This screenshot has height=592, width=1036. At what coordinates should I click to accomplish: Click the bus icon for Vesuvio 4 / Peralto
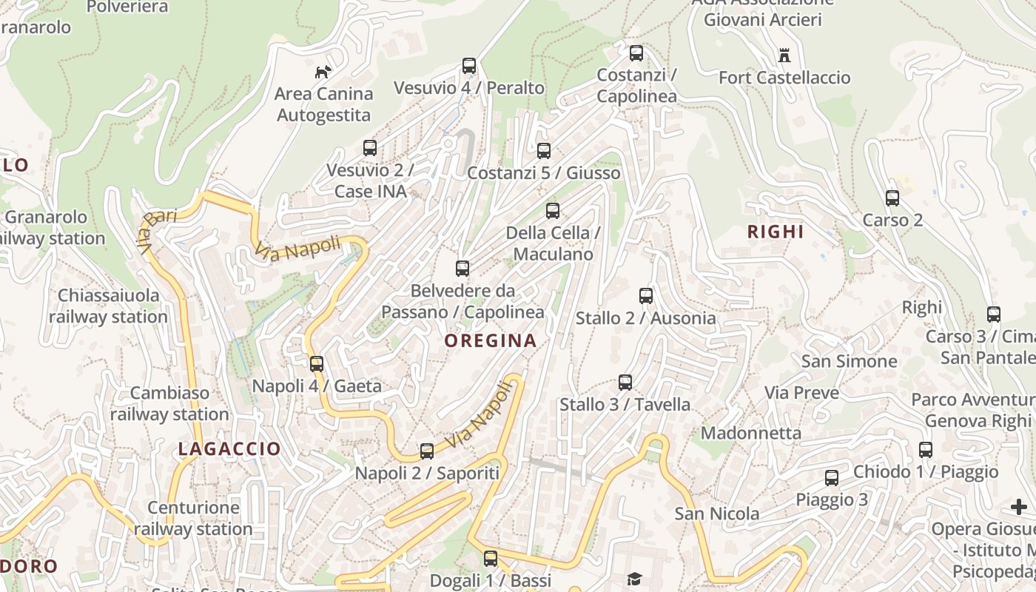469,66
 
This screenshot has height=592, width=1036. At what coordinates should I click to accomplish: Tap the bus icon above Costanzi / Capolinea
636,53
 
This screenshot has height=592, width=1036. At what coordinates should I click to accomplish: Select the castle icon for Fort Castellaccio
784,55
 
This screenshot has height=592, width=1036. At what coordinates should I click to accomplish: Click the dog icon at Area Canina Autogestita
323,72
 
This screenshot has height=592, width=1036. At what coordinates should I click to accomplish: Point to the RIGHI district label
776,232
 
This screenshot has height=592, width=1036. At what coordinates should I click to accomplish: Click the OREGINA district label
491,340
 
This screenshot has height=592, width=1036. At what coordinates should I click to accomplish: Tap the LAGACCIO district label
229,448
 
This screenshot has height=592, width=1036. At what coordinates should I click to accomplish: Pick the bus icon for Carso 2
892,198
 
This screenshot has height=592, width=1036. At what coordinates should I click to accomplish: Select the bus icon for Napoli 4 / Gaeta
317,364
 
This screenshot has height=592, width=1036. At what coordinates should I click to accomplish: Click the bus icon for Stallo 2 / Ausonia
646,296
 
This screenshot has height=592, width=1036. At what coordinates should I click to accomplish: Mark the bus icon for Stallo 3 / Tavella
625,383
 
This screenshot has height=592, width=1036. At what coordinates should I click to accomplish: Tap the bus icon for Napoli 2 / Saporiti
427,451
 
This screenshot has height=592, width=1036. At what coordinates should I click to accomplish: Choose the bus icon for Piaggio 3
832,478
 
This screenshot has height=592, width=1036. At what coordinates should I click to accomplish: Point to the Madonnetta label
751,433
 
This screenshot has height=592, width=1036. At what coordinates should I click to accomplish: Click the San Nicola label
716,514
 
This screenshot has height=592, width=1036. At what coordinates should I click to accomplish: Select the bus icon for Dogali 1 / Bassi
491,559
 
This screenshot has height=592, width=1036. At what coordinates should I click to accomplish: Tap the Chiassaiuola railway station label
108,306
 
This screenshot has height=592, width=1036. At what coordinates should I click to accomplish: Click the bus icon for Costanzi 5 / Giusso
544,151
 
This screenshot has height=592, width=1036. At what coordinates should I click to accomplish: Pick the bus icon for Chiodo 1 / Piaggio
926,450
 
